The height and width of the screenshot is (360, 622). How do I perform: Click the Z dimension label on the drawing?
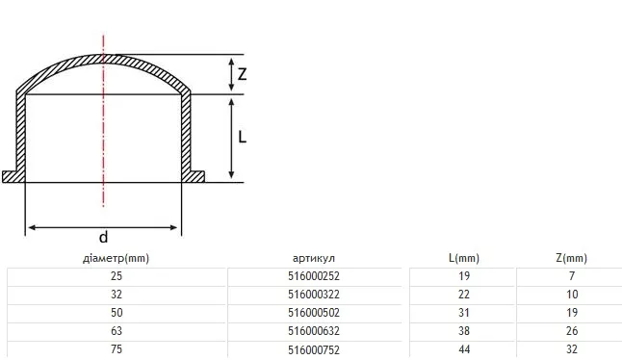(x=242, y=74)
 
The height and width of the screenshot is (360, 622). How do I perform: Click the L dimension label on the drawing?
(x=242, y=138)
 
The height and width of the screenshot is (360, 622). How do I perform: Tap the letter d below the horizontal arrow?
(x=103, y=237)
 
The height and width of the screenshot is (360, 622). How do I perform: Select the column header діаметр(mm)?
(x=116, y=259)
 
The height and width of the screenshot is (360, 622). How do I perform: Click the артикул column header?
(x=314, y=259)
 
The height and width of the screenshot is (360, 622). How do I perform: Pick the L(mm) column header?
(x=464, y=259)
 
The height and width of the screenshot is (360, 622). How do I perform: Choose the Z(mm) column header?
(x=572, y=259)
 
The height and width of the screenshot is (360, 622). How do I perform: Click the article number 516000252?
(x=314, y=276)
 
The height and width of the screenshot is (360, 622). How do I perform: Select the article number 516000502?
(x=314, y=313)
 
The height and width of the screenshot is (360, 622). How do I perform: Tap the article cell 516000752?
(x=314, y=350)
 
